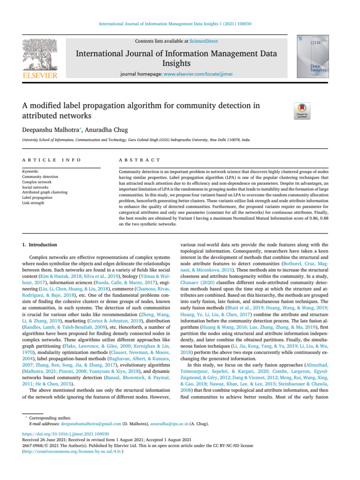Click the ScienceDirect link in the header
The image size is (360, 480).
point(205,41)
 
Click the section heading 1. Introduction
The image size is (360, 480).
point(40,244)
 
